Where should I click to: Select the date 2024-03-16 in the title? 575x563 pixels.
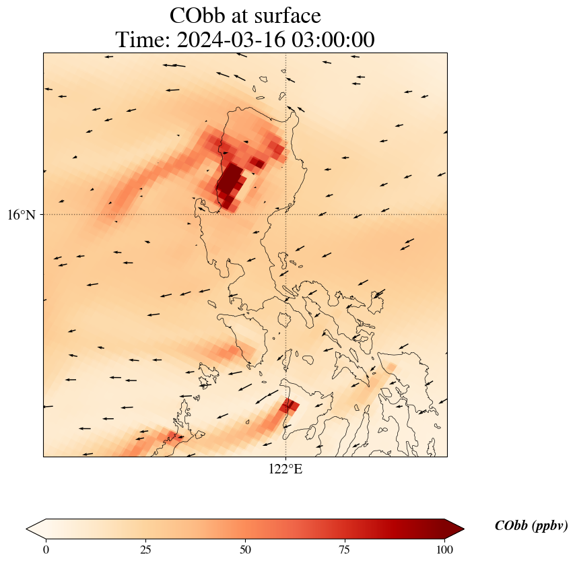(229, 40)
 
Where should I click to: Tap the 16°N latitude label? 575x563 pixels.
(26, 215)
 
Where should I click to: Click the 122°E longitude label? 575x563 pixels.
(285, 469)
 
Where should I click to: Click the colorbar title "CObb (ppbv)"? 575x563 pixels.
(531, 526)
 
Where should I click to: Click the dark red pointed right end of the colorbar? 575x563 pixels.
(455, 529)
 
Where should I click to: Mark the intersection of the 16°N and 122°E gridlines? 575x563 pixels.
(286, 215)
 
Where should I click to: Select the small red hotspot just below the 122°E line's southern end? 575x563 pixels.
(290, 405)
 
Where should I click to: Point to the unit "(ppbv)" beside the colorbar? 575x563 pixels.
(549, 526)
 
